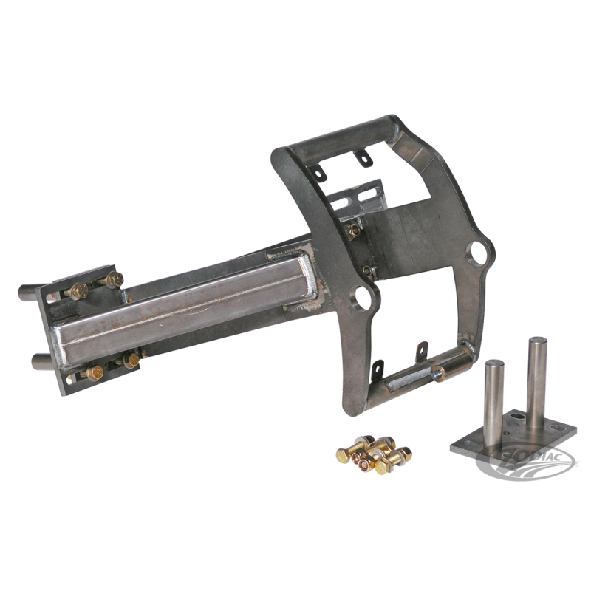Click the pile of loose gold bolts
tap(374, 454)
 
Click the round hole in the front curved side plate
tap(363, 297)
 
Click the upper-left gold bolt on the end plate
tap(79, 290)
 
